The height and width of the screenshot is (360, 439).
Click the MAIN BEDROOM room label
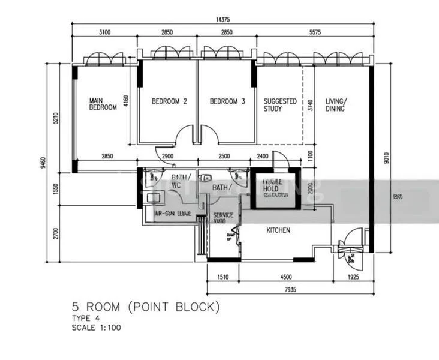click(103, 104)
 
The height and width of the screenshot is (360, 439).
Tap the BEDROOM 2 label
click(169, 102)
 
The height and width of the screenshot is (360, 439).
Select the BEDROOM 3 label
click(227, 102)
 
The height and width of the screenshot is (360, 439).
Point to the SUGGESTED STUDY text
click(280, 105)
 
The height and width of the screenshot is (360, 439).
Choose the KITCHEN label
click(278, 230)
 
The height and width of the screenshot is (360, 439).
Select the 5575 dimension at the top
click(315, 31)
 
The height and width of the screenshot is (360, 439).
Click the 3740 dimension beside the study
click(309, 106)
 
